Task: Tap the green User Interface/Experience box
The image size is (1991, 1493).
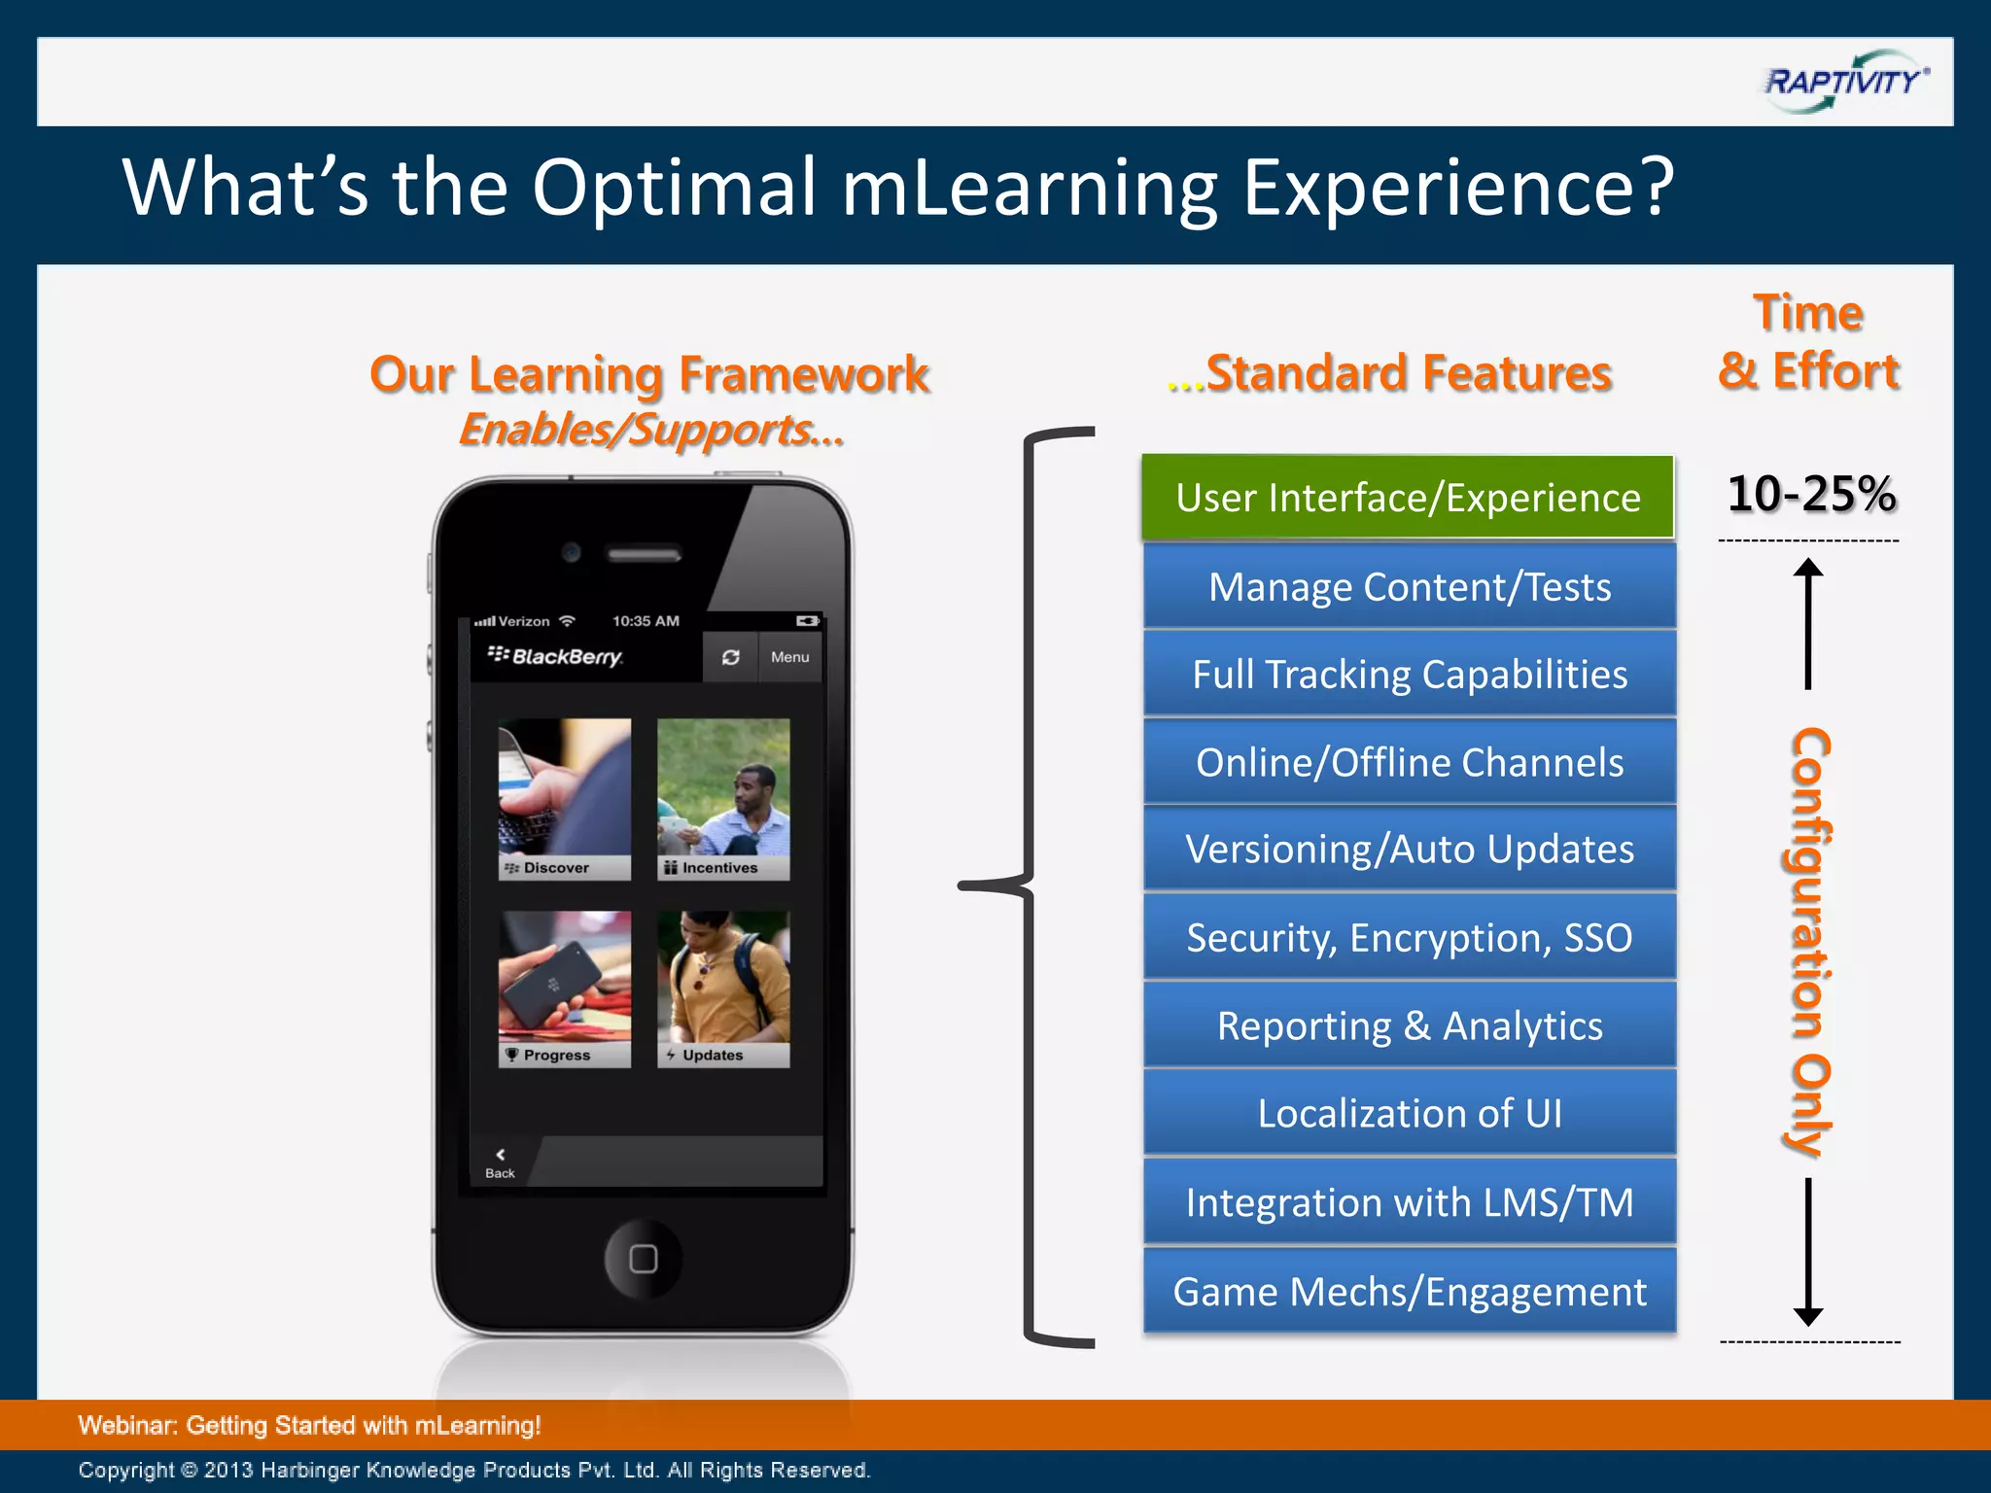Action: (x=1408, y=497)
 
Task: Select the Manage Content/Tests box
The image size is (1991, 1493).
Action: (x=1410, y=586)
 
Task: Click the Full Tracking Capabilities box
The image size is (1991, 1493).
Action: (x=1410, y=675)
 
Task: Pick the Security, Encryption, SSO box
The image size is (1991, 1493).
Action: (x=1410, y=938)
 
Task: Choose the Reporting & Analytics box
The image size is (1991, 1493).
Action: (x=1410, y=1026)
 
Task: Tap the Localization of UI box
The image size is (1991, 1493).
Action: (x=1410, y=1114)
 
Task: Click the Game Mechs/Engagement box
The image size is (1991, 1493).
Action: (x=1410, y=1292)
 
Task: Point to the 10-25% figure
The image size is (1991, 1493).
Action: (x=1810, y=494)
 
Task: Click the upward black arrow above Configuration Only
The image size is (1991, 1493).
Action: (x=1807, y=622)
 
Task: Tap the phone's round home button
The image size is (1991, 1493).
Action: (x=643, y=1259)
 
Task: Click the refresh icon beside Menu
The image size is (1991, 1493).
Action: (x=730, y=657)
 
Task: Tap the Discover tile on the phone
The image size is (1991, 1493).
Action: (x=564, y=799)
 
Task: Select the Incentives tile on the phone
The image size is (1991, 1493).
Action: (x=723, y=799)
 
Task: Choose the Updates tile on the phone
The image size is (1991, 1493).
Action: (x=723, y=989)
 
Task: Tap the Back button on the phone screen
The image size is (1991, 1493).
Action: (x=500, y=1163)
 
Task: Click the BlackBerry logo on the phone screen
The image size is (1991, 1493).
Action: (x=555, y=656)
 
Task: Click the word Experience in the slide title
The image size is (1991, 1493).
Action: (x=1458, y=187)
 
